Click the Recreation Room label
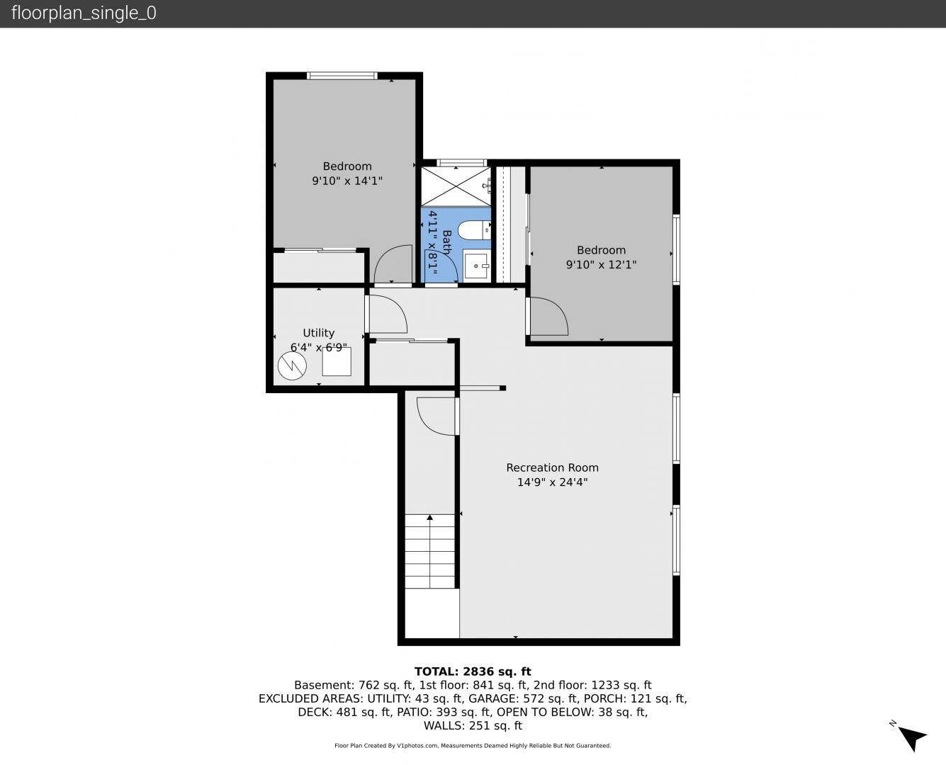(x=552, y=467)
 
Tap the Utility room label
(x=318, y=332)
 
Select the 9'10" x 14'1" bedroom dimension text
(x=347, y=181)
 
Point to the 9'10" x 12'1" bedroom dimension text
(x=601, y=265)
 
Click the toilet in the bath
(x=474, y=230)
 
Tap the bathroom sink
(x=477, y=266)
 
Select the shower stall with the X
(x=456, y=186)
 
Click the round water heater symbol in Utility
(x=292, y=365)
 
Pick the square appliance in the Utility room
(x=337, y=361)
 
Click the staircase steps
(x=430, y=552)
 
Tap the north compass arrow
(x=913, y=738)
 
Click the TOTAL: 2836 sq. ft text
(x=473, y=671)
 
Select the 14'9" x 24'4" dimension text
(x=552, y=482)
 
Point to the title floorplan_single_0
(x=84, y=13)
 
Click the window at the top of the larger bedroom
(x=342, y=76)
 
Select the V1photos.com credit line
(x=473, y=745)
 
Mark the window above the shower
(x=462, y=163)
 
